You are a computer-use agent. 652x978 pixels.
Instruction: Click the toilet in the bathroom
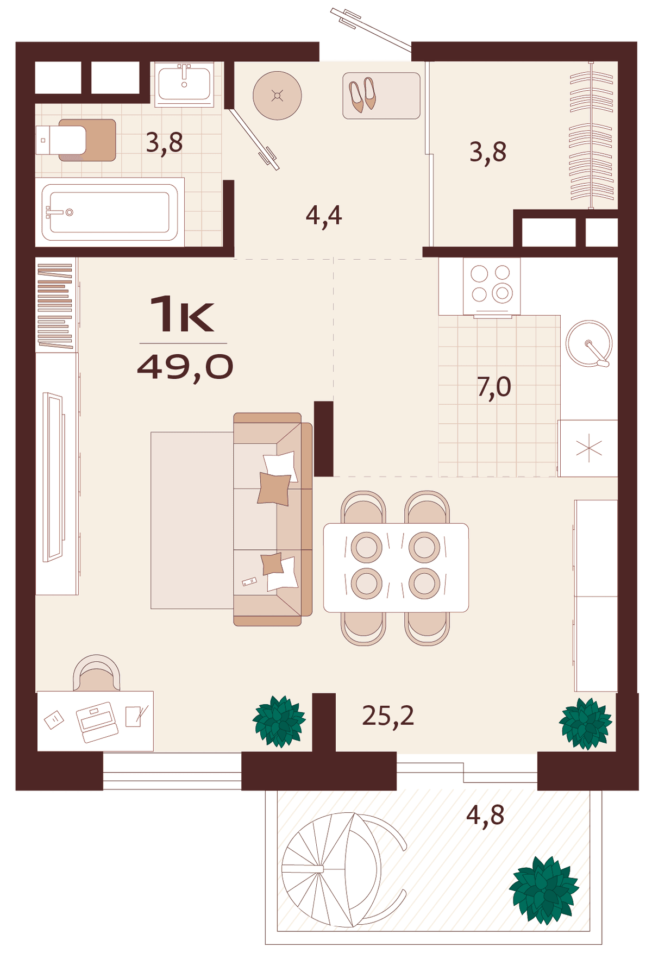click(61, 140)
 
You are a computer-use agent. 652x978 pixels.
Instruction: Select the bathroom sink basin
click(184, 84)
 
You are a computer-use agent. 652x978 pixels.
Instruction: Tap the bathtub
click(110, 212)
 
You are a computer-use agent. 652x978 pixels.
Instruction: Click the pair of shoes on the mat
click(362, 95)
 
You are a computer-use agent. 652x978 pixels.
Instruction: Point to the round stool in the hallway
click(277, 96)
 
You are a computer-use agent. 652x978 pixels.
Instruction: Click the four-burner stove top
click(491, 286)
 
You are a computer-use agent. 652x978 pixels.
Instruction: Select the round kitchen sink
click(589, 344)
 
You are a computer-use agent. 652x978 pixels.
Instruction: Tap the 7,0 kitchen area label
click(494, 387)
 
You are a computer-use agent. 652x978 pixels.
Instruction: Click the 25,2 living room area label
click(388, 716)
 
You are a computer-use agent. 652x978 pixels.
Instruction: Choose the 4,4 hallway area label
click(324, 216)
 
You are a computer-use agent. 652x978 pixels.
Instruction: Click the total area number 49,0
click(185, 367)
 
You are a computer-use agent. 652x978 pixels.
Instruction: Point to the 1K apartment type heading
click(182, 314)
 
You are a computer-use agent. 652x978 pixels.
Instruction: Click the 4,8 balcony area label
click(485, 816)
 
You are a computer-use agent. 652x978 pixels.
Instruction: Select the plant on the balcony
click(543, 890)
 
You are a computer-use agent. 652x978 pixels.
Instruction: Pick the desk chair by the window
click(96, 674)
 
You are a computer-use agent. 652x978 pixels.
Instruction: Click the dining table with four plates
click(396, 568)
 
